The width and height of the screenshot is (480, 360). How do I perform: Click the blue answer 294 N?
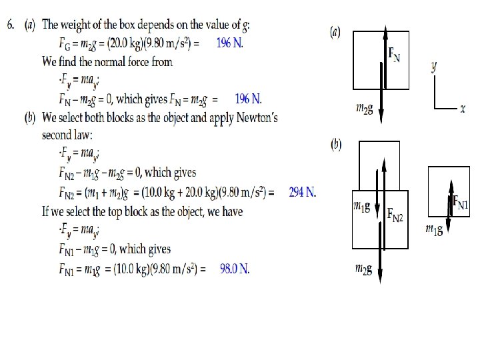pos(302,193)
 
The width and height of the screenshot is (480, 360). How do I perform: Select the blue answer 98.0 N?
pos(234,269)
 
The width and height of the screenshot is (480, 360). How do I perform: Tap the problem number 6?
pos(11,25)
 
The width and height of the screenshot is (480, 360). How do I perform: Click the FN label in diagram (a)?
pos(395,55)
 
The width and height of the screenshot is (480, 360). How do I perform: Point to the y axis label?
pos(435,67)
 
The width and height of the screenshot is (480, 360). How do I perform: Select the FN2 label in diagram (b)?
pos(395,215)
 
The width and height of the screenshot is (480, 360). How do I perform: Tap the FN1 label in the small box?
pos(461,201)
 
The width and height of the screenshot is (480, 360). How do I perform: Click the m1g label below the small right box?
pos(435,229)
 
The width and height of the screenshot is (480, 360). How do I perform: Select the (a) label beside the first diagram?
pos(336,32)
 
